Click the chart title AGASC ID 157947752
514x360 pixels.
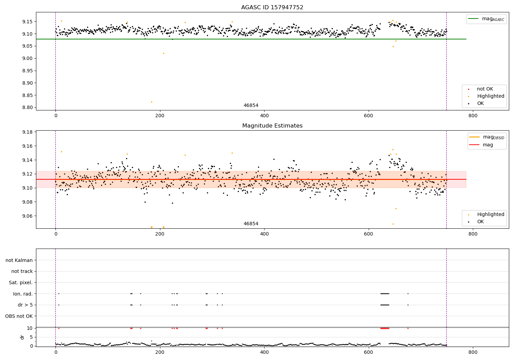272,8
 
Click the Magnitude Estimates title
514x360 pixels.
272,126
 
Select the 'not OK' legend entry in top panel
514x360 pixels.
485,89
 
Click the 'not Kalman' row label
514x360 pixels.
19,260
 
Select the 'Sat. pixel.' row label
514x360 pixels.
21,283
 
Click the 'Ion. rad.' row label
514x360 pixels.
23,294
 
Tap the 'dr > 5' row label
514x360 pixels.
25,305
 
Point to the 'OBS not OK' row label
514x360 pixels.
19,316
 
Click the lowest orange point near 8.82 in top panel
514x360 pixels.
151,102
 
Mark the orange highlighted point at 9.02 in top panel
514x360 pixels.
163,53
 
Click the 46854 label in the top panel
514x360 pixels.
251,106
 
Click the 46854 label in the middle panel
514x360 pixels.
251,224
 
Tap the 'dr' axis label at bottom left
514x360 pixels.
22,337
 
